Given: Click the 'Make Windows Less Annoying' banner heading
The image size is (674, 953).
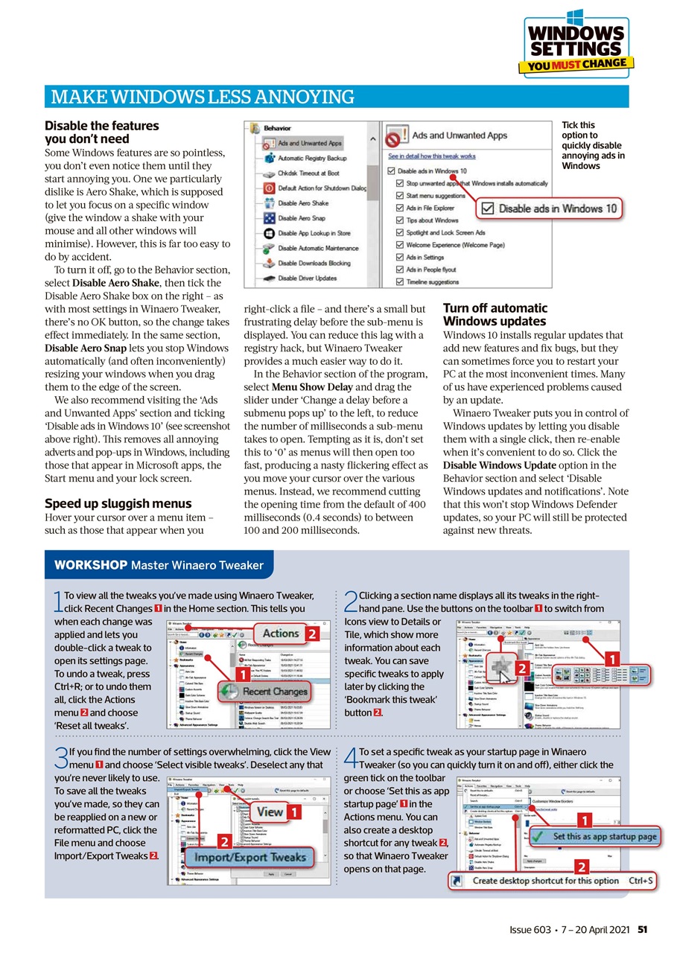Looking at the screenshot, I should [202, 97].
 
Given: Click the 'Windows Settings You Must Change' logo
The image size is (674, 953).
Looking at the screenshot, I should [576, 45].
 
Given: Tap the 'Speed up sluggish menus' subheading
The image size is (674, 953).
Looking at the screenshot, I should [118, 503].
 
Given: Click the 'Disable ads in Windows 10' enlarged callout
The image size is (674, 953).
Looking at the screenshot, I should [550, 208].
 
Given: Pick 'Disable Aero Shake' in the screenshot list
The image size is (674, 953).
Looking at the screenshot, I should [302, 203].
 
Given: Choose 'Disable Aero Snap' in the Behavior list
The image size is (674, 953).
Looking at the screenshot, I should [301, 218].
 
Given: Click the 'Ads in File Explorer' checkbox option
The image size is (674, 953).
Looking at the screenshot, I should [430, 208].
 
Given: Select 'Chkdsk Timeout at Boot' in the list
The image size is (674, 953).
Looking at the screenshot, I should [308, 173].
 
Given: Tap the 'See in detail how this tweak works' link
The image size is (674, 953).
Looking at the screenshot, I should [432, 156].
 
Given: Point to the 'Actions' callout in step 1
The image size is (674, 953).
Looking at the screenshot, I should [281, 634].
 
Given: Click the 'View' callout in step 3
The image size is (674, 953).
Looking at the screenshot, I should [270, 812].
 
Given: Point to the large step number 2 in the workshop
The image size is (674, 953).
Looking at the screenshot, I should [351, 601].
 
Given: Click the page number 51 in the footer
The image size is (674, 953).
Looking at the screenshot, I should [642, 930].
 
